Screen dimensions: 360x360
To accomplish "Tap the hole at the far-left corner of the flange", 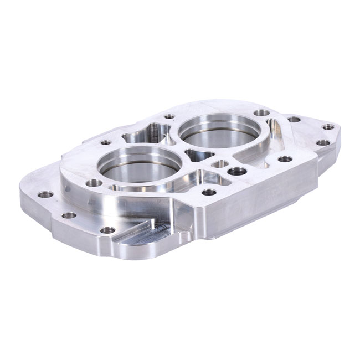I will [45, 194].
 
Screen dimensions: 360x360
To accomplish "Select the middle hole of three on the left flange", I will [69, 215].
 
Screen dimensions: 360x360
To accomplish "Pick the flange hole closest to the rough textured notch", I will [107, 230].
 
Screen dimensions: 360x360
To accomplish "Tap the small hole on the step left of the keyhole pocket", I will [106, 142].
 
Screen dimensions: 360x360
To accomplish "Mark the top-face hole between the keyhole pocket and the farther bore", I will [169, 116].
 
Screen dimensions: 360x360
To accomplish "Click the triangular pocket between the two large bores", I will [198, 155].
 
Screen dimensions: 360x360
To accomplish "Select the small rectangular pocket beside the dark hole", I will [220, 164].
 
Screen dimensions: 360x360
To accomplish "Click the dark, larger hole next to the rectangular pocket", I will [237, 171].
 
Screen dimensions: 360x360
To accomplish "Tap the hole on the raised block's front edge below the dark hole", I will [209, 192].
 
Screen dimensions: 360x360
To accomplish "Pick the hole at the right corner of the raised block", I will [285, 159].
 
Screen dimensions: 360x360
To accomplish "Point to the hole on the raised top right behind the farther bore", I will [261, 112].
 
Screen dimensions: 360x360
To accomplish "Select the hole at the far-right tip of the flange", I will [328, 127].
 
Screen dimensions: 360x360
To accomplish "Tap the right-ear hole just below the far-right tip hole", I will [323, 142].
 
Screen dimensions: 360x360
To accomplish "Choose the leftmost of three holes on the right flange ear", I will [294, 119].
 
